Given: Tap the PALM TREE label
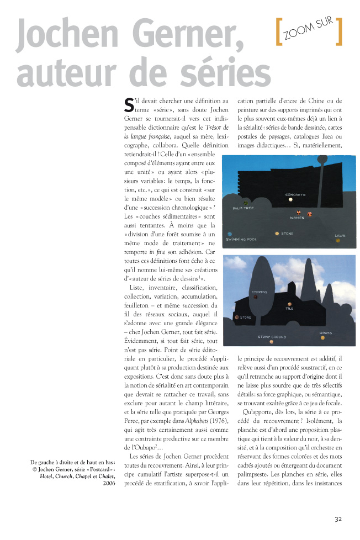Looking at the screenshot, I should [x=243, y=208].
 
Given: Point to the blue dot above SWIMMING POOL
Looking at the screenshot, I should [x=230, y=234].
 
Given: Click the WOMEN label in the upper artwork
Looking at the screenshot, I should [x=297, y=218].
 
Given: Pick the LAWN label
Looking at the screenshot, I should [x=340, y=236].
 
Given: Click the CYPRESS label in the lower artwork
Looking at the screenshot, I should [x=259, y=292].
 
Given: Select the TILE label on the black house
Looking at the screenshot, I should [x=289, y=309].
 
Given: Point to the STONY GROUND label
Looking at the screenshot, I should [x=272, y=336].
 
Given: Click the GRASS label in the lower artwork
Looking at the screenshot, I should [x=326, y=333].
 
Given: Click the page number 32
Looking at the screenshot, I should [x=339, y=519].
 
